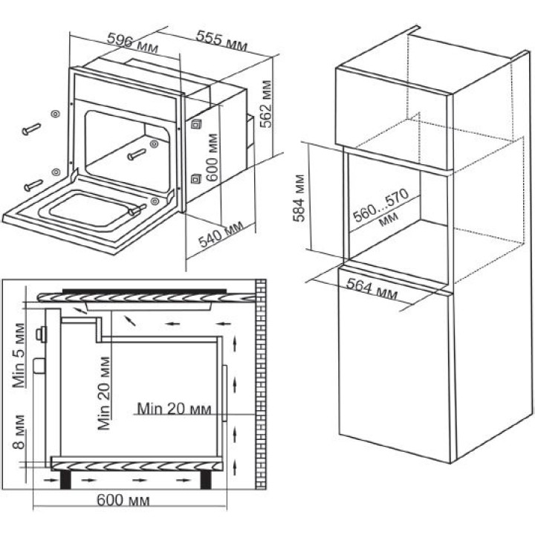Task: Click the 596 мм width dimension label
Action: coord(132,43)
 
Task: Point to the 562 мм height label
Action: coord(266,104)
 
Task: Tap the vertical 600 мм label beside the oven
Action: coord(212,158)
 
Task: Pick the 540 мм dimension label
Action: coord(221,234)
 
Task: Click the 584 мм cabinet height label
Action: coord(299,198)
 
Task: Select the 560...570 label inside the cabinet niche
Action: coord(380,205)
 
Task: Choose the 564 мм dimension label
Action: coord(372,288)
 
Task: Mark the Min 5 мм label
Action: coord(19,355)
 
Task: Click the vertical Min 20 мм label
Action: coord(104,393)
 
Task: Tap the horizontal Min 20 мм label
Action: coord(174,409)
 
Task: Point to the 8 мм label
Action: coord(19,432)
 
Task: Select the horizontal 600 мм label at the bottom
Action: coord(123,500)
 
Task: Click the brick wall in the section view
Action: coord(260,384)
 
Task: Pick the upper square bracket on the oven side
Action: coord(196,124)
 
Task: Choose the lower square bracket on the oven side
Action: coord(196,179)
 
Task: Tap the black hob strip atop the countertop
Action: coord(144,291)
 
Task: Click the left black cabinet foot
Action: coord(66,479)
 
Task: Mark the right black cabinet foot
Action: coord(205,479)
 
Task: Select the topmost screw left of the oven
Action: coord(31,129)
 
